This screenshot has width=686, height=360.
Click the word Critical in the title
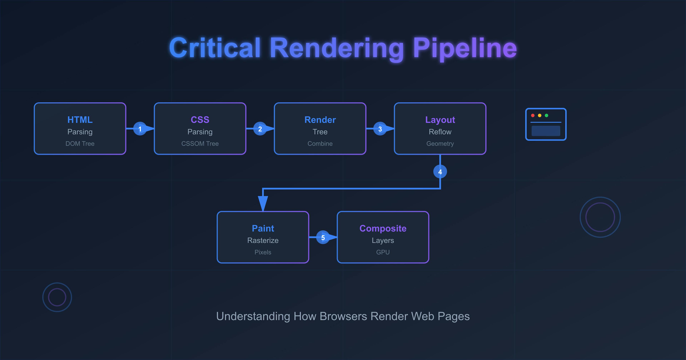215,48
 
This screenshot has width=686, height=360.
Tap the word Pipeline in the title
465,48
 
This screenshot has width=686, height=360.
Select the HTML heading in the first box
80,120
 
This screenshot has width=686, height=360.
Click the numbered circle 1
140,129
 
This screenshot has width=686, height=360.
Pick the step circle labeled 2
260,129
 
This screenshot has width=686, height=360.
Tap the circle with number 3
380,129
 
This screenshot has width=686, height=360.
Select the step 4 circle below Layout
440,172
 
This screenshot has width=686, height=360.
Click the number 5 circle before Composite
323,237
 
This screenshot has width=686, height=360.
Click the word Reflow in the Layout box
440,132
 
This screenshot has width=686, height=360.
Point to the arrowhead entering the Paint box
263,203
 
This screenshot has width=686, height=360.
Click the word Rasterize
263,240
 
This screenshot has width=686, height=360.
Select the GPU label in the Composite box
383,252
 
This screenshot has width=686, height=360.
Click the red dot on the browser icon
533,115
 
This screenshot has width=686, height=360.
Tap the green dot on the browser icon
546,115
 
